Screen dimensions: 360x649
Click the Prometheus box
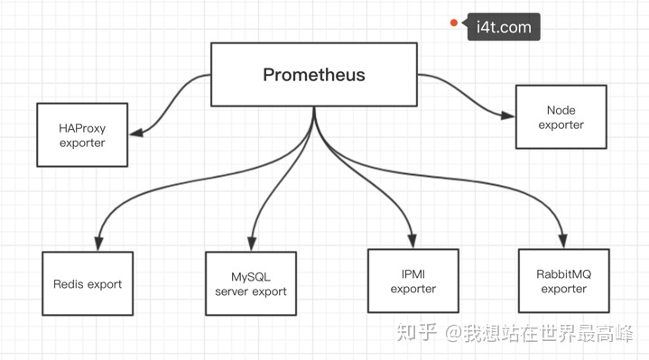point(313,75)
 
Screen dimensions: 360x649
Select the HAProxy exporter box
point(82,135)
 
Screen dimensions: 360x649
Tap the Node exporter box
point(561,117)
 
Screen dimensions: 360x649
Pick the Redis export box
point(87,284)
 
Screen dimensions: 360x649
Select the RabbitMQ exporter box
point(563,282)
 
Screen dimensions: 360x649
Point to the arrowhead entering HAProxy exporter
point(136,134)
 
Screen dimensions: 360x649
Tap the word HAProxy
point(82,128)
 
